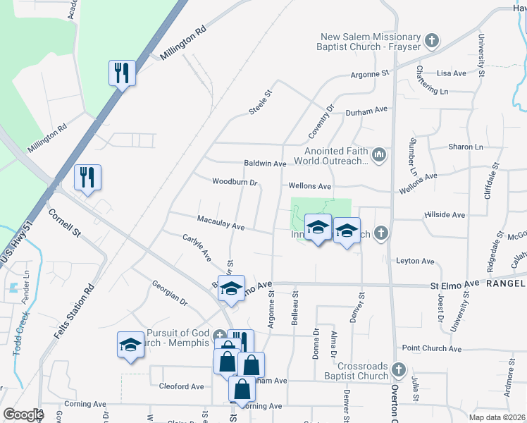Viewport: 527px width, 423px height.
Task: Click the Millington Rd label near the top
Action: [182, 42]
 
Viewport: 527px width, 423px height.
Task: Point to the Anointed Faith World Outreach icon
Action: [380, 154]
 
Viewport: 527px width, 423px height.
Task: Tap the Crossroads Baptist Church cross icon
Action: [398, 369]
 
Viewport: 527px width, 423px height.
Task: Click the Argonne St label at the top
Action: [370, 73]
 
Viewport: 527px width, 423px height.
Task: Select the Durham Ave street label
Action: [366, 111]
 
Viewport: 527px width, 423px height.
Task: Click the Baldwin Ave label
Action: [264, 164]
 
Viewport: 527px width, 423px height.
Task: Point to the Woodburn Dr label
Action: [235, 182]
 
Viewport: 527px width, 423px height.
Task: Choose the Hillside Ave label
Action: [445, 214]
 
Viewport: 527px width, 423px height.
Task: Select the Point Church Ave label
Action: [431, 348]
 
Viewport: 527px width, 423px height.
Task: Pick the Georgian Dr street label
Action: [169, 292]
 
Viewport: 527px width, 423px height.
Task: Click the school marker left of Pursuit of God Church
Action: [130, 345]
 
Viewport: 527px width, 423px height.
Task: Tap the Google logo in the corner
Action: [23, 415]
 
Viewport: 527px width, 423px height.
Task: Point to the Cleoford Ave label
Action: [181, 386]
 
